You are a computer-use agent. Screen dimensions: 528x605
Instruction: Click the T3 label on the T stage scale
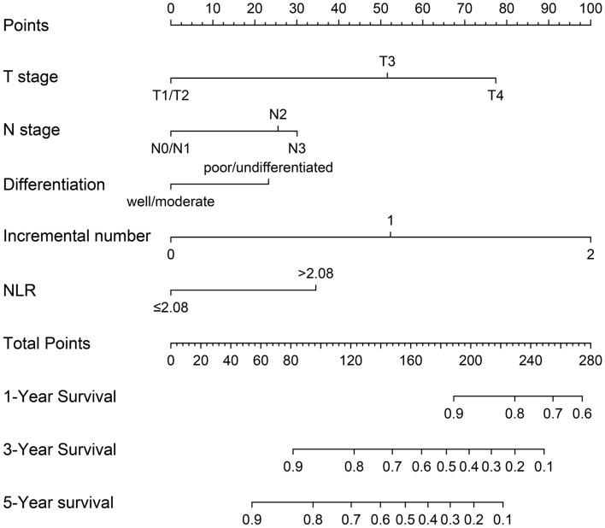(386, 62)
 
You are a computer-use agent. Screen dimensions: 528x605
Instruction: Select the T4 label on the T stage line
(496, 95)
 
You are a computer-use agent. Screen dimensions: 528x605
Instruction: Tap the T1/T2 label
(171, 95)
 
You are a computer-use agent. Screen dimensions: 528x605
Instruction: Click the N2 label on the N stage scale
(278, 114)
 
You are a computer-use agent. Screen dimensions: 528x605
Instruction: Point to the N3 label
(297, 148)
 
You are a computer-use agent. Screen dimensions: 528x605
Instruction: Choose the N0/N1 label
(171, 148)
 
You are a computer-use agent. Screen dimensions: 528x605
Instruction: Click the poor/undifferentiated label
(267, 167)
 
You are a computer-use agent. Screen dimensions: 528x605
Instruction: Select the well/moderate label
(171, 202)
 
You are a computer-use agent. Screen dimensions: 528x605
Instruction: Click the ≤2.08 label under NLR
(171, 307)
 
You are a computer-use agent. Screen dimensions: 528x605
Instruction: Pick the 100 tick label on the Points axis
(590, 8)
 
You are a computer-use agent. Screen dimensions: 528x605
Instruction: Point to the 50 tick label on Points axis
(381, 8)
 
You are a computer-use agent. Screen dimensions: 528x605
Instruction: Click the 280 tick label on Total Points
(590, 360)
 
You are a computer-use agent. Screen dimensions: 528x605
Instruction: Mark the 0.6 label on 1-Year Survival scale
(582, 414)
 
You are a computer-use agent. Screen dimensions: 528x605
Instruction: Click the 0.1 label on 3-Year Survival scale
(543, 466)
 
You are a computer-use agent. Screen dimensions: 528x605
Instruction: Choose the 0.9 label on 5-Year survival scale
(252, 519)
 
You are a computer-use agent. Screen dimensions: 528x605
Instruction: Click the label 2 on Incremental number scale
(590, 255)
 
